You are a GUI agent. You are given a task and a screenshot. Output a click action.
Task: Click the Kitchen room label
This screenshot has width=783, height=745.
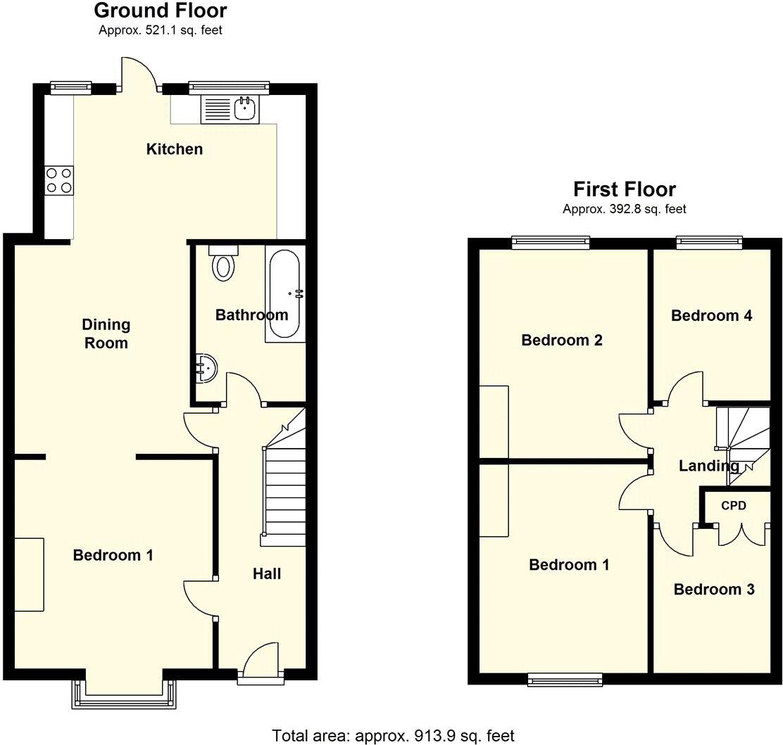tap(174, 149)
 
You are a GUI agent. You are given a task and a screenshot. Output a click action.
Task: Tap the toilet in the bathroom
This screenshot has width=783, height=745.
tap(224, 264)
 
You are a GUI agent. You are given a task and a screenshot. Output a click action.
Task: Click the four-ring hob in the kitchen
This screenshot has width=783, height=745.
tap(58, 179)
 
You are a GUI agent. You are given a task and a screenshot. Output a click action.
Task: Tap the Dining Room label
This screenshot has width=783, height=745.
tap(106, 333)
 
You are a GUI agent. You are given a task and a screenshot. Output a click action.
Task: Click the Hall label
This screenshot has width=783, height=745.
tap(267, 574)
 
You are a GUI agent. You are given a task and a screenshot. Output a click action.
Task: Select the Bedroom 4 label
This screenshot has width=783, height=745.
tap(711, 316)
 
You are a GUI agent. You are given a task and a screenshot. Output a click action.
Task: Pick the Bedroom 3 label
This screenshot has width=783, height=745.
tap(714, 590)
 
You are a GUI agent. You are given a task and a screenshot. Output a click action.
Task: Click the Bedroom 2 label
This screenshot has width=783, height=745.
tap(562, 340)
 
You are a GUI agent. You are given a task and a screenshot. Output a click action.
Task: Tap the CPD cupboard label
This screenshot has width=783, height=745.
tap(733, 506)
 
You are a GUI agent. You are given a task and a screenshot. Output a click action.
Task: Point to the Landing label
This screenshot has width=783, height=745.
tap(708, 466)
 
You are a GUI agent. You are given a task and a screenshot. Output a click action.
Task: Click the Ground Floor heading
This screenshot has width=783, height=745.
tap(161, 11)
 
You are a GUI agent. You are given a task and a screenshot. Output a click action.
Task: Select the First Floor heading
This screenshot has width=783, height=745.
tap(625, 189)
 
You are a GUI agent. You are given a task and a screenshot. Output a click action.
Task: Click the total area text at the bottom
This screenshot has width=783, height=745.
tap(394, 736)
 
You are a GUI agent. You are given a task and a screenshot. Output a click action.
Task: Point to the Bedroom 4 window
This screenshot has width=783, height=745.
tap(709, 243)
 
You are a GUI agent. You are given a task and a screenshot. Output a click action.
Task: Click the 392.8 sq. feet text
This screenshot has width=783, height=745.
tap(625, 209)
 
